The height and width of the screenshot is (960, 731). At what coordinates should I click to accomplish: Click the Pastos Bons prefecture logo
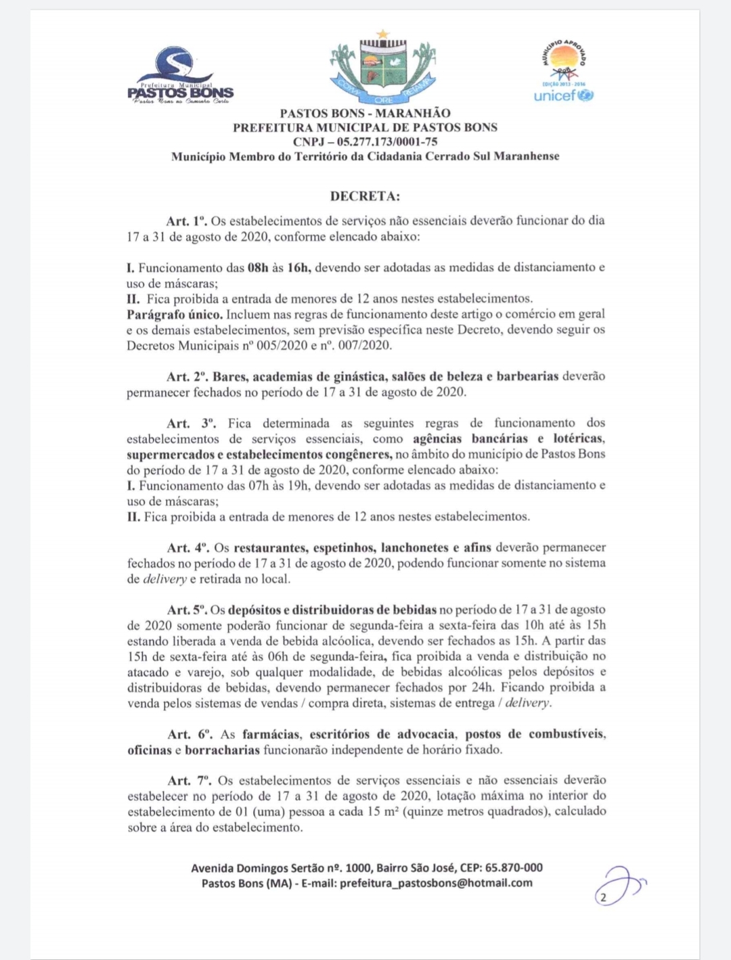(x=180, y=76)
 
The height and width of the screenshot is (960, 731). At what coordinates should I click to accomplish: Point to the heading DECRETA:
(x=365, y=196)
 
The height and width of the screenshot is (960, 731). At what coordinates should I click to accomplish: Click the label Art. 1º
(x=186, y=221)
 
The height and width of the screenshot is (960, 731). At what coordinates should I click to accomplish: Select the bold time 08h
(x=258, y=267)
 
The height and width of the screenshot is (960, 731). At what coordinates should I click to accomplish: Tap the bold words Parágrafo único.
(x=175, y=315)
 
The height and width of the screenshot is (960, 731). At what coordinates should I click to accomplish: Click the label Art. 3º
(x=192, y=424)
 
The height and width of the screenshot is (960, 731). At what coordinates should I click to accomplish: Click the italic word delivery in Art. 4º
(x=164, y=579)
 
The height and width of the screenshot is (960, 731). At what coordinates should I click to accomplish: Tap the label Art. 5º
(x=186, y=610)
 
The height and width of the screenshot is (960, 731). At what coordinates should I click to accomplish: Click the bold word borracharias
(x=222, y=750)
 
